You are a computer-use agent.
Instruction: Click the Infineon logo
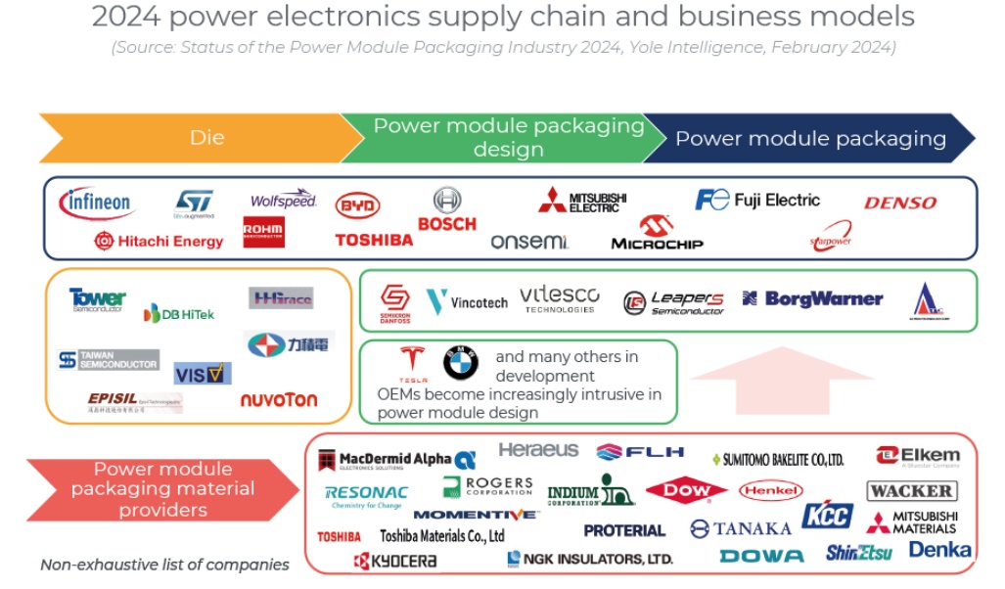coord(96,204)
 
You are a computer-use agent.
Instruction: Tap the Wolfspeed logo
coord(283,200)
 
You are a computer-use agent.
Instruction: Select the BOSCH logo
coord(446,210)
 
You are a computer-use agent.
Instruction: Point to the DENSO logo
coord(899,204)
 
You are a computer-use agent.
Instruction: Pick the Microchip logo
coord(657,235)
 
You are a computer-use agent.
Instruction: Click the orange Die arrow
coord(196,138)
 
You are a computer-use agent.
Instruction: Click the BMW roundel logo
coord(460,364)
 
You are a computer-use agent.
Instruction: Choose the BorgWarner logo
coord(811,299)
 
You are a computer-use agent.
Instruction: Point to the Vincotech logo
coord(467,301)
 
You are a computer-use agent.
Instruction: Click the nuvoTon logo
coord(278,399)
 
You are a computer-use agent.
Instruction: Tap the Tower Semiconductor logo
coord(97,298)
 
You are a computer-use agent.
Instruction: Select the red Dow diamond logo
coord(686,490)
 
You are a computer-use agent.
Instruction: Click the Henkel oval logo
coord(770,490)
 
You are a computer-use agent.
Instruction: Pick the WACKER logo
coord(910,490)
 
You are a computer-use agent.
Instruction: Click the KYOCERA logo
coord(395,561)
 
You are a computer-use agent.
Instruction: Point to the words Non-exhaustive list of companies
coord(164,565)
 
